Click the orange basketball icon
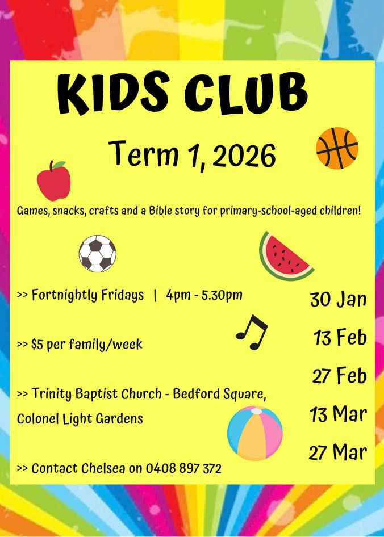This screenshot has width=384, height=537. tap(337, 148)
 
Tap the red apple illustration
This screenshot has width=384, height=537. tap(54, 181)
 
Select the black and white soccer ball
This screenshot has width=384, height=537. tap(97, 253)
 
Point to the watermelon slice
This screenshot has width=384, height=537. tap(286, 256)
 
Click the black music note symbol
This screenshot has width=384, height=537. tap(252, 332)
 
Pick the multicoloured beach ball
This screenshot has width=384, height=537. tap(254, 433)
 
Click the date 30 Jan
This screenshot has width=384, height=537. tap(338, 299)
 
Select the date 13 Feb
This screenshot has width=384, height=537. tap(340, 337)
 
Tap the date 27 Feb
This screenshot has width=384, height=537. tap(339, 376)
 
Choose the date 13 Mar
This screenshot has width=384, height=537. tap(339, 414)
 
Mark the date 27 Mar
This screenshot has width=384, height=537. tap(338, 453)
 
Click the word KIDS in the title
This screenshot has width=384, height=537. tap(113, 93)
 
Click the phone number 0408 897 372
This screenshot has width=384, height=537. tap(184, 468)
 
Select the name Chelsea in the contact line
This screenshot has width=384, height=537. tap(103, 468)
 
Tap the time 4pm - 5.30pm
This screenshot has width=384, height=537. tap(204, 295)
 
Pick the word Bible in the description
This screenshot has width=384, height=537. tap(160, 210)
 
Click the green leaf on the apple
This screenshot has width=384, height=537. tap(59, 165)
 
